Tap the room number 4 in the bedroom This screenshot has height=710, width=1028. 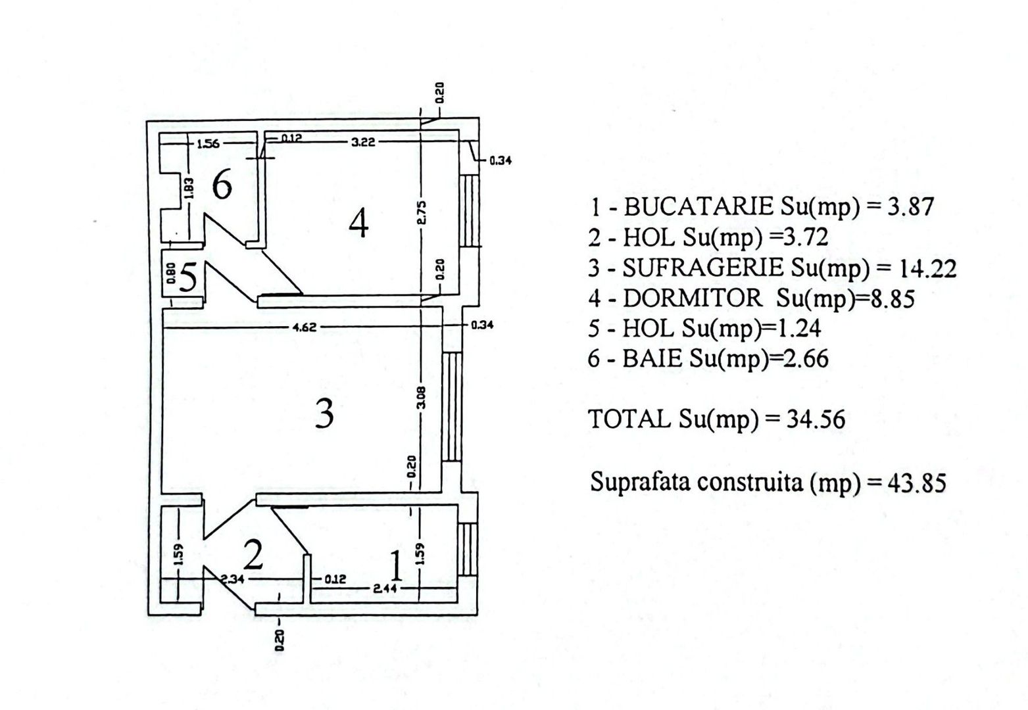(x=359, y=222)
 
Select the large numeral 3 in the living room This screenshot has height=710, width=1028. (x=324, y=414)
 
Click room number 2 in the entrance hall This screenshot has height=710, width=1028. (x=253, y=554)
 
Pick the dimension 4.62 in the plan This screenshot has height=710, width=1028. (x=305, y=327)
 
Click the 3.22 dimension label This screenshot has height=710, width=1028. (x=363, y=142)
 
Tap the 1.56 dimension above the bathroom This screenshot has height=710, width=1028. (x=208, y=144)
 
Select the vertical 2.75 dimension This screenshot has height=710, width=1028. (x=422, y=212)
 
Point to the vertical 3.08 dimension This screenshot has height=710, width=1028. (x=422, y=397)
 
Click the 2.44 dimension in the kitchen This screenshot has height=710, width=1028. (x=385, y=588)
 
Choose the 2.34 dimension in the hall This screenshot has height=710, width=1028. (x=232, y=579)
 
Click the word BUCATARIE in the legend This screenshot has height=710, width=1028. (x=698, y=206)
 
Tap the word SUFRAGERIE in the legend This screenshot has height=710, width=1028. (x=702, y=268)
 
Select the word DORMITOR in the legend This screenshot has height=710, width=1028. (x=693, y=298)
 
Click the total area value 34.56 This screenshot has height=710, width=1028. (x=816, y=419)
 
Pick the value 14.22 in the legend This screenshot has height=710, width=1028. (x=927, y=268)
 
